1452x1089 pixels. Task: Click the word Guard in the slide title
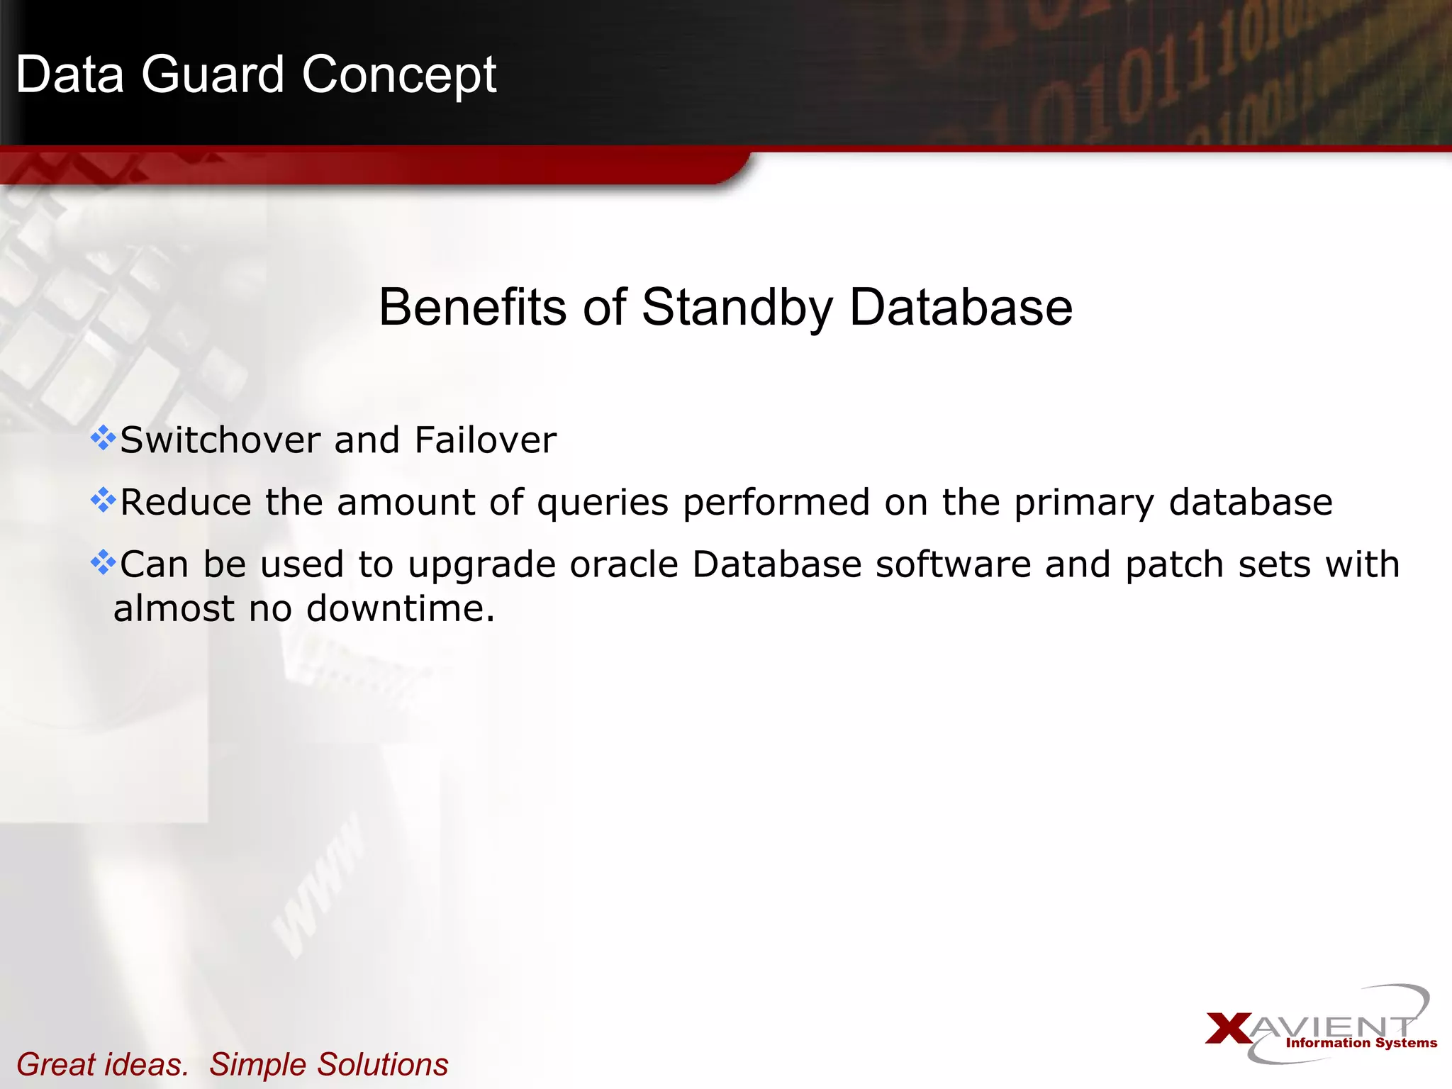tap(213, 74)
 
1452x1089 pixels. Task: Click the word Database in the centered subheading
tap(961, 307)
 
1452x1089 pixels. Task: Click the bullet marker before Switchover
tap(104, 438)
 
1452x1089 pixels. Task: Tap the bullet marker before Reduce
tap(104, 501)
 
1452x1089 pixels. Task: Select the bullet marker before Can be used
tap(104, 563)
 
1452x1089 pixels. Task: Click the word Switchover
tap(220, 440)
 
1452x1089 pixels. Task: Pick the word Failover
tap(486, 440)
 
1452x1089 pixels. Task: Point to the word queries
tap(603, 503)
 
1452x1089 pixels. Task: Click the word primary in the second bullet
tap(1084, 503)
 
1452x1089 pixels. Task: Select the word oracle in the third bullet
tap(624, 565)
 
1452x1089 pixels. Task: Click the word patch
tap(1175, 565)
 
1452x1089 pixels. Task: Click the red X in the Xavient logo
tap(1229, 1029)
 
